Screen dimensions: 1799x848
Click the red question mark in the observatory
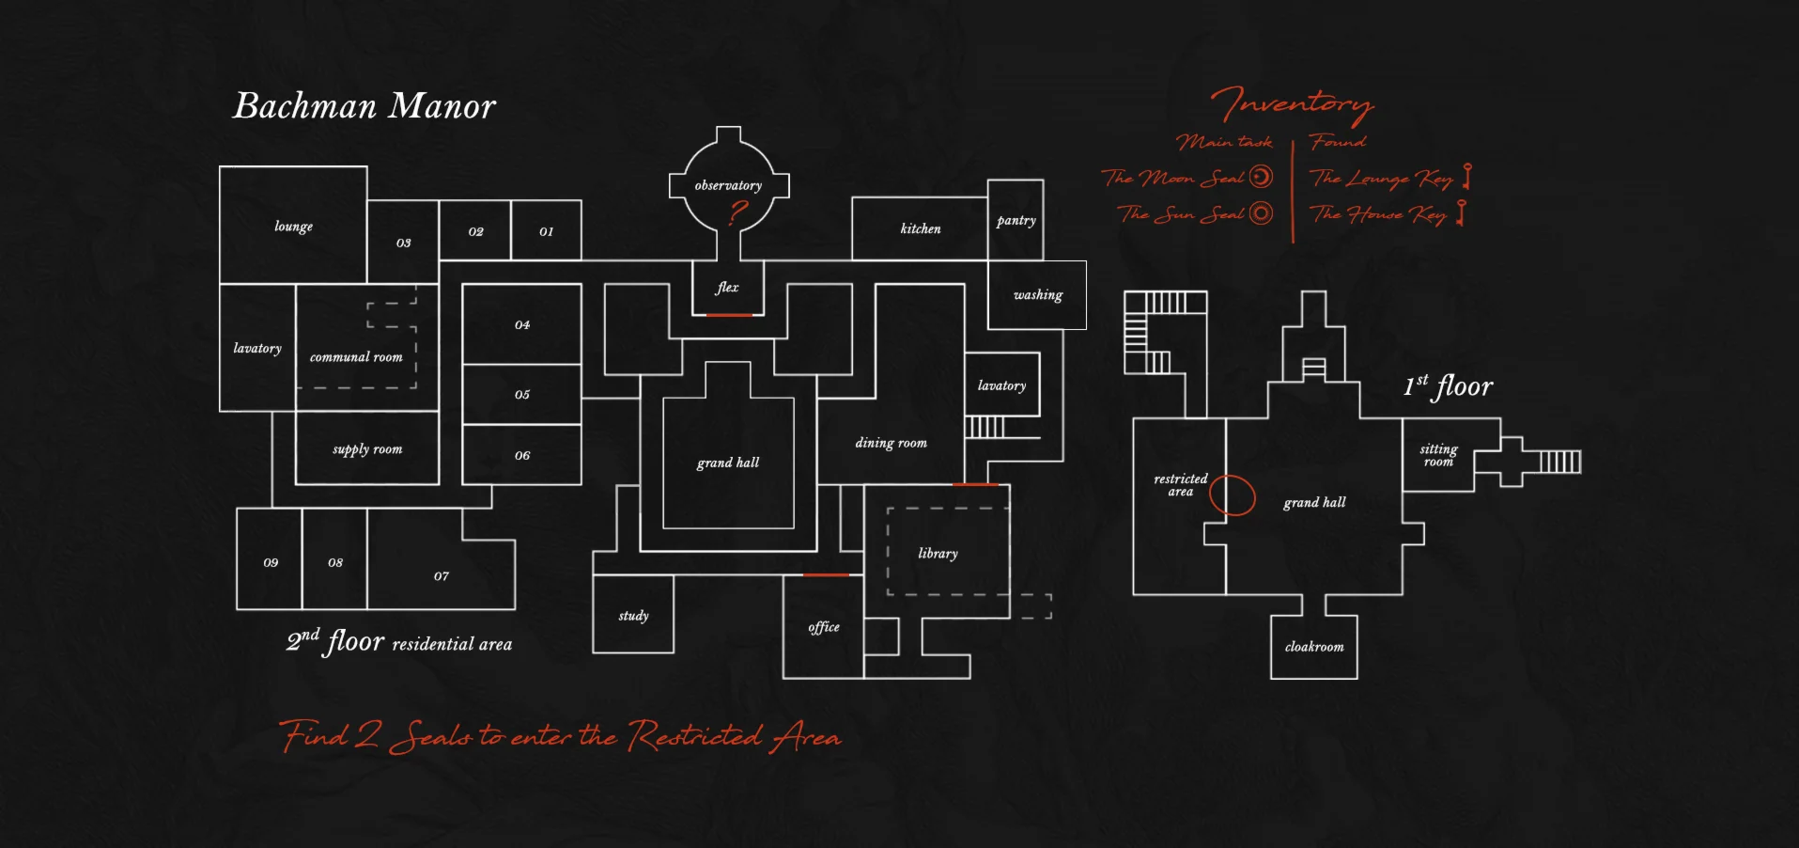(738, 213)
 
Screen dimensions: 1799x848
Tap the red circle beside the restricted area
(1233, 495)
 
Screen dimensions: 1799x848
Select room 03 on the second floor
(403, 242)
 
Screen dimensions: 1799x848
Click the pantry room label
(1016, 221)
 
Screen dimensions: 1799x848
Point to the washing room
(1037, 295)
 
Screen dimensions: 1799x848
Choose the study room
(633, 614)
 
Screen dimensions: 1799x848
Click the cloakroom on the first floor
(1314, 647)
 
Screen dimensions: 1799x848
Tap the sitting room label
(1438, 455)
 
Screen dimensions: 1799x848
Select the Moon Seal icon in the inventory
(1262, 176)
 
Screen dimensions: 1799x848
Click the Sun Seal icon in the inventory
(1262, 213)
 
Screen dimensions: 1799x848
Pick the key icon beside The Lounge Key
(1467, 176)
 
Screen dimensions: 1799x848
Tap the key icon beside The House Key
(1461, 212)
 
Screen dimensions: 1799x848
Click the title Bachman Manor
(364, 105)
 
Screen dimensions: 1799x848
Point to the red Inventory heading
(1293, 104)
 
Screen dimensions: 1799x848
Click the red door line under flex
(729, 315)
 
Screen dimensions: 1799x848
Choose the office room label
(824, 627)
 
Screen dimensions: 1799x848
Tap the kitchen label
(920, 228)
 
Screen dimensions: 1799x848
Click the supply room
(367, 448)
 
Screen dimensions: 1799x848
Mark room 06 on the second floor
(522, 455)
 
